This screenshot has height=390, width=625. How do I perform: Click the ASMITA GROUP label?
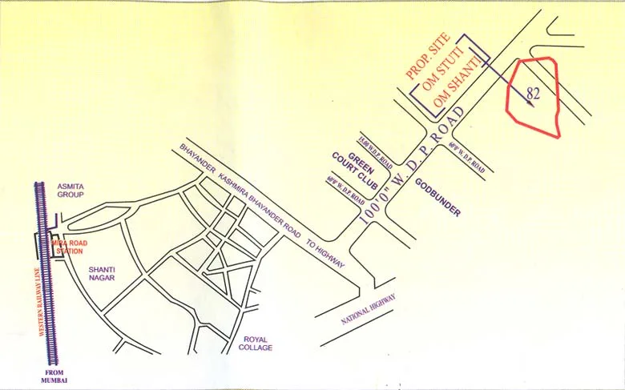[71, 190]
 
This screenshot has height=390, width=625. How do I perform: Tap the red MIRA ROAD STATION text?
[67, 245]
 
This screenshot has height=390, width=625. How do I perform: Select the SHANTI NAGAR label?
[102, 273]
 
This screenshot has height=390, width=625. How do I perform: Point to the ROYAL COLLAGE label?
[256, 343]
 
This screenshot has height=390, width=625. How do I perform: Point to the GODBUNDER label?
[437, 198]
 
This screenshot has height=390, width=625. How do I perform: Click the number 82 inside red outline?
[534, 93]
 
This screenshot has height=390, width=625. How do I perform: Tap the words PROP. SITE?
[428, 58]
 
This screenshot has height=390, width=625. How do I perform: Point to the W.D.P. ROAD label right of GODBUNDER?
[467, 157]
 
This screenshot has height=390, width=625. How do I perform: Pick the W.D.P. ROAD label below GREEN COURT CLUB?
[345, 194]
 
